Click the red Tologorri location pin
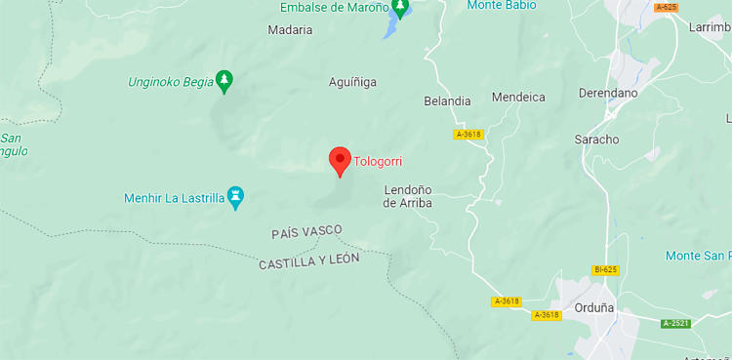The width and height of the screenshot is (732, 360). [x=340, y=160]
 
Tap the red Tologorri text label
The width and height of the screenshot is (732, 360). [x=378, y=162]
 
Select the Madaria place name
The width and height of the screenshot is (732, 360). [x=290, y=30]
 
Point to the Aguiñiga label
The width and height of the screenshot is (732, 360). [x=352, y=83]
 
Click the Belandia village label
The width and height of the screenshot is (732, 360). [x=447, y=101]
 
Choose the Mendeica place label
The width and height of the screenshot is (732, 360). [x=518, y=98]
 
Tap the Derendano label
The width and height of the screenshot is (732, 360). [x=607, y=93]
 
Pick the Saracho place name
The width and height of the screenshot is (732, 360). [x=596, y=140]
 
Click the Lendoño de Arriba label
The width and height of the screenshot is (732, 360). [x=407, y=196]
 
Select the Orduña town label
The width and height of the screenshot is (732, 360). [x=593, y=307]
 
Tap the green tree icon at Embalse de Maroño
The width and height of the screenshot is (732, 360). [x=400, y=9]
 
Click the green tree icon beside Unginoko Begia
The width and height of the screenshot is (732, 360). [x=224, y=80]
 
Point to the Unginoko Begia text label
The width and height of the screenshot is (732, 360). [x=171, y=82]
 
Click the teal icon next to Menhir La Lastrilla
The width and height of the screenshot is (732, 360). [x=235, y=198]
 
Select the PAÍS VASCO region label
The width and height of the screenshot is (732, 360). [x=306, y=231]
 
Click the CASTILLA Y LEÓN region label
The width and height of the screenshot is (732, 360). [x=309, y=260]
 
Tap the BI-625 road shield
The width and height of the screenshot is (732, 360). [x=605, y=269]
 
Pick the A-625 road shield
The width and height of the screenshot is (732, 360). [x=667, y=7]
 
